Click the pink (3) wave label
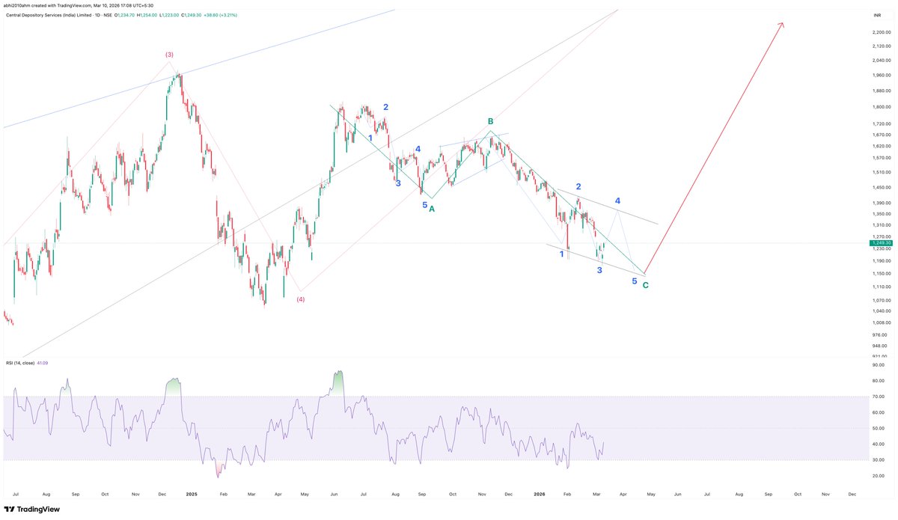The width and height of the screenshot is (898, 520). point(170,55)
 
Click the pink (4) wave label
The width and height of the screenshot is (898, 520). point(300,299)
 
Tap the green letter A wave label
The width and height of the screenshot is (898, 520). point(432,209)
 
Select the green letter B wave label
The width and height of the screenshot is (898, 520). point(491,121)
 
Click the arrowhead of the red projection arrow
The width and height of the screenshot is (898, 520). point(782,25)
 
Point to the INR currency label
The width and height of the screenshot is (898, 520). point(876,15)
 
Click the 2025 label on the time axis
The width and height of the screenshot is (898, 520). point(192,495)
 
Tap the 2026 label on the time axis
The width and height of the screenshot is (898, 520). point(538,495)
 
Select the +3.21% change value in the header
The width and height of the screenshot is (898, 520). point(224,15)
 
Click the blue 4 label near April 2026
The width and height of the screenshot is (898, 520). point(617,201)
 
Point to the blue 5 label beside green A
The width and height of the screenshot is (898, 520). point(424,204)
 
